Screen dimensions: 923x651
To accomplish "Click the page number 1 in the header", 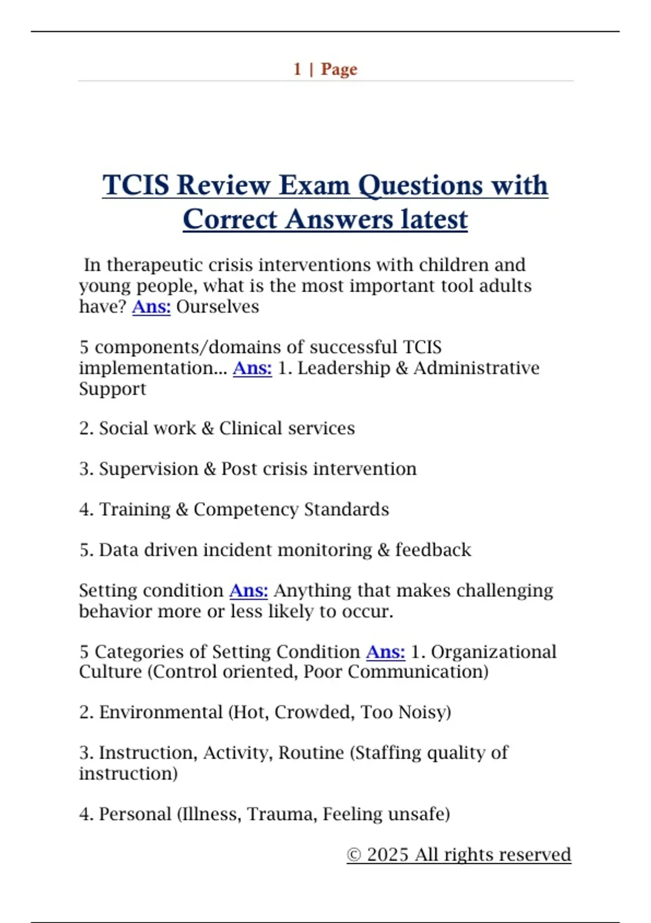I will (x=297, y=69).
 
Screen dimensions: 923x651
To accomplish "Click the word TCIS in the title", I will (x=136, y=185).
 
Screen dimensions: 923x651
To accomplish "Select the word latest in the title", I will (x=434, y=220).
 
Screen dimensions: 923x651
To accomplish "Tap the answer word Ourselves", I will (x=218, y=307).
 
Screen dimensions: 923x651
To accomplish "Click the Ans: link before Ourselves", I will (x=151, y=307).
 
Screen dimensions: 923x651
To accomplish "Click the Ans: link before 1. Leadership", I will (x=252, y=368).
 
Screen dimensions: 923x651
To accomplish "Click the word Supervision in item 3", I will (x=149, y=469).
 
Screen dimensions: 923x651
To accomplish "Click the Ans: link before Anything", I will (x=248, y=591).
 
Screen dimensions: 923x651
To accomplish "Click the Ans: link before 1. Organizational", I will (x=385, y=652).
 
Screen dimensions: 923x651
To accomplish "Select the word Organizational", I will (x=494, y=652).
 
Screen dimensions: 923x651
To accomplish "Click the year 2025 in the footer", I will (x=387, y=855).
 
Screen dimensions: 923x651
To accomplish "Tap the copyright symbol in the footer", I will (x=354, y=855).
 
